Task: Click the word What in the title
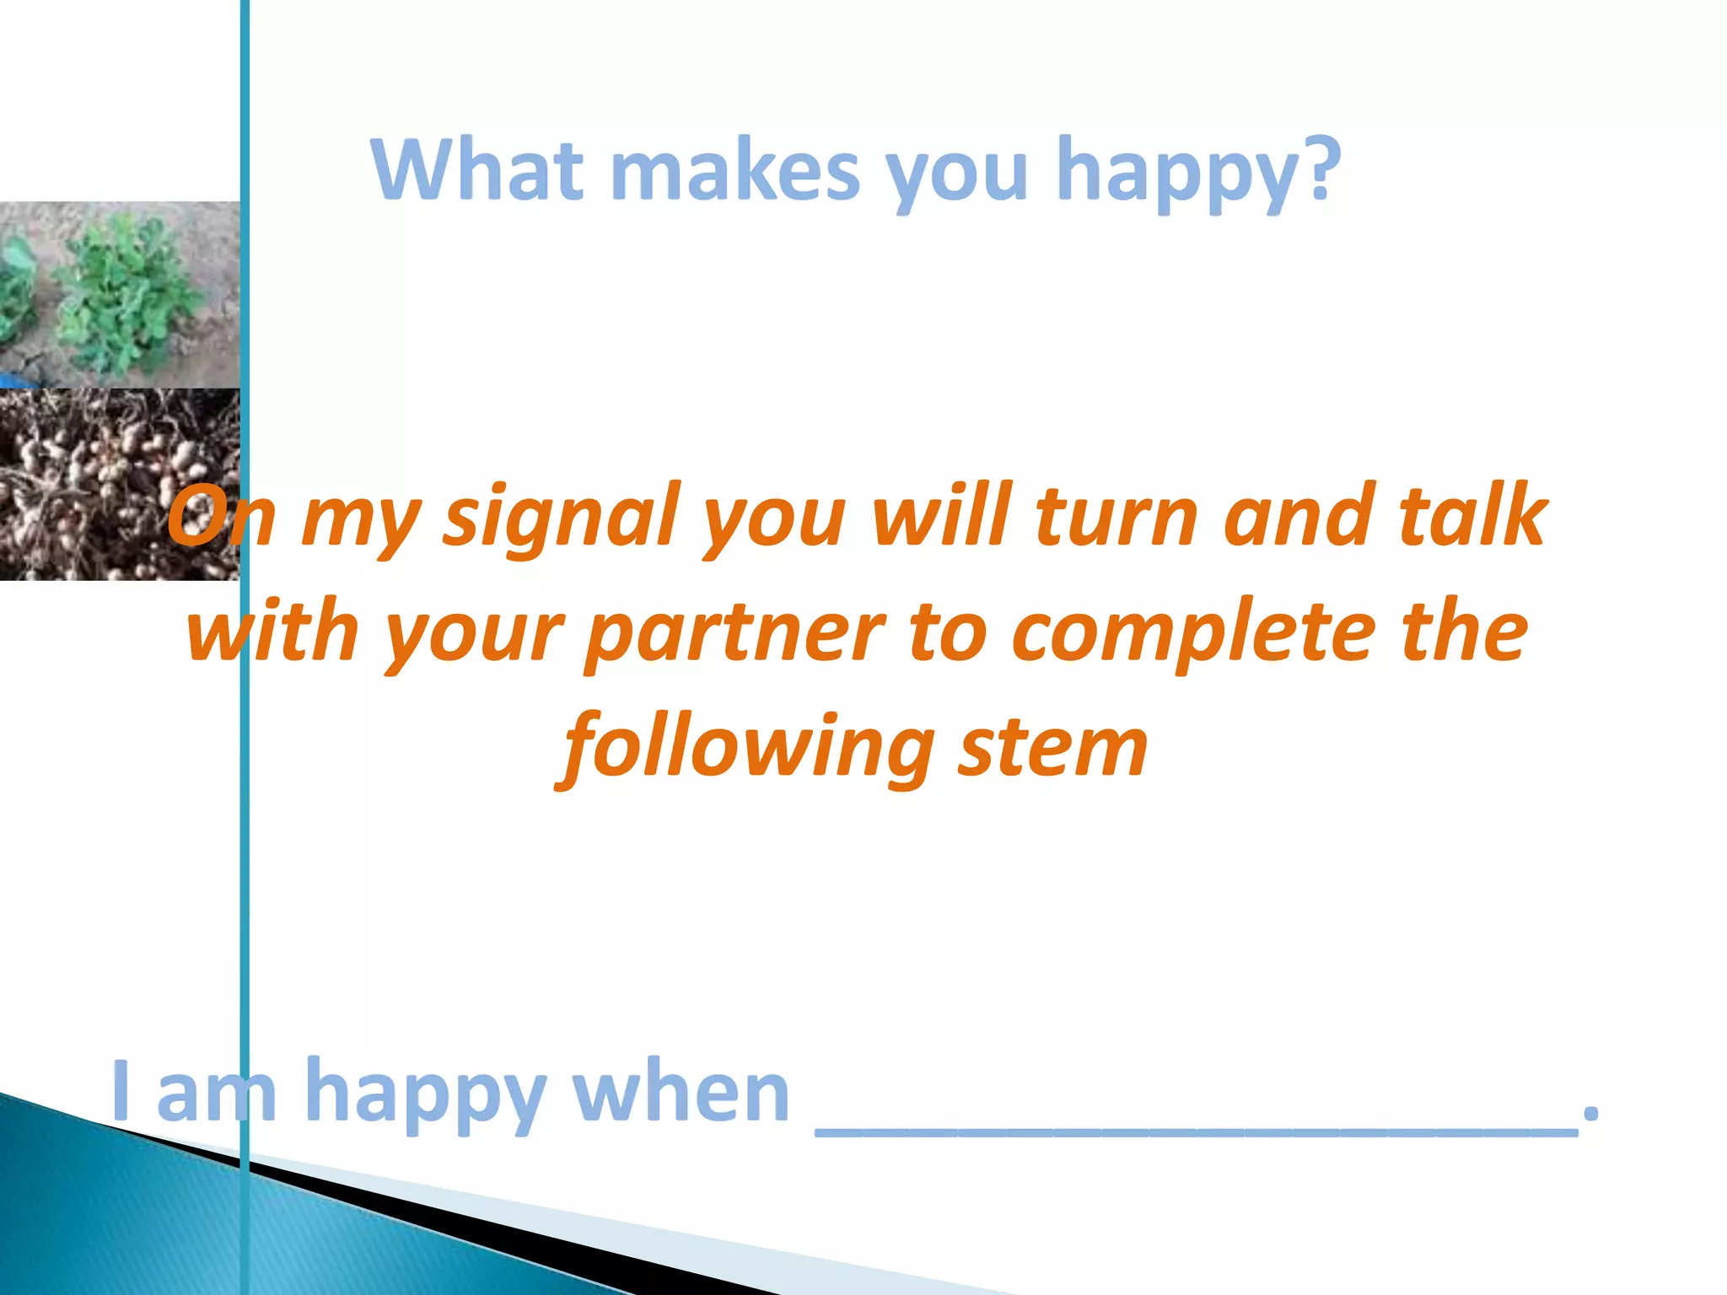point(477,170)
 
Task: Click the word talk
point(1471,516)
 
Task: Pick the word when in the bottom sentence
point(681,1093)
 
